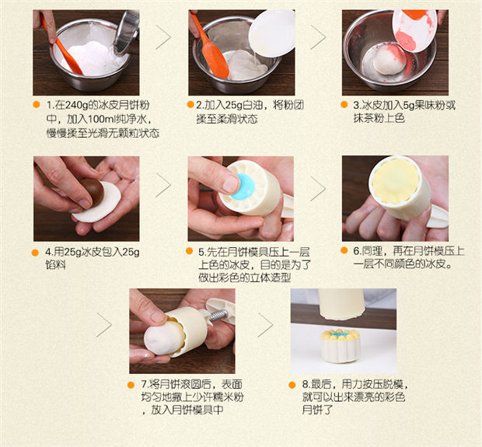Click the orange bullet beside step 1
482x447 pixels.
point(37,104)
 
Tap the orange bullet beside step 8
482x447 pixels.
point(292,385)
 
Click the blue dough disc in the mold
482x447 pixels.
point(243,187)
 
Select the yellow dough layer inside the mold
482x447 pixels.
point(395,181)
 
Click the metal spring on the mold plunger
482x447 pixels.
point(219,316)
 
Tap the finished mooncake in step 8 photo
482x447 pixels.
point(341,345)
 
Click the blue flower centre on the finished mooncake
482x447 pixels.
point(341,334)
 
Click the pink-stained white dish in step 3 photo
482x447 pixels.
point(414,30)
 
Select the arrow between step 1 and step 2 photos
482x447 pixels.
point(163,37)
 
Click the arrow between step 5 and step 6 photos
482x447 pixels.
point(318,188)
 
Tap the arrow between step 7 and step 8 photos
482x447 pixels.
point(265,325)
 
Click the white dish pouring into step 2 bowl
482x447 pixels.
point(272,33)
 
